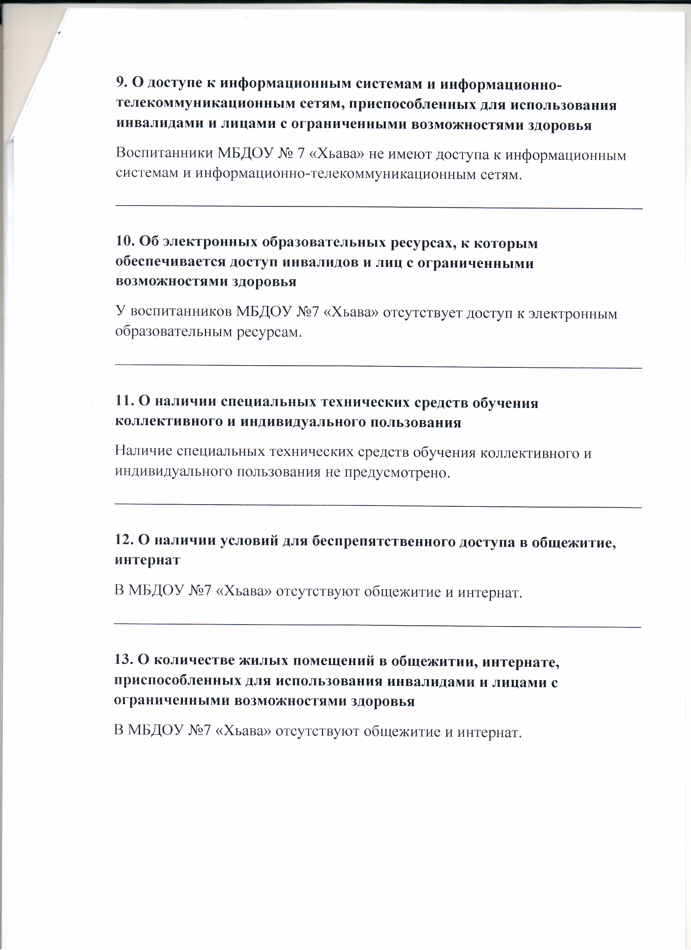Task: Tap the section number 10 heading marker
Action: coord(124,242)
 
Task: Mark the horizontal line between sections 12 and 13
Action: coord(377,625)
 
